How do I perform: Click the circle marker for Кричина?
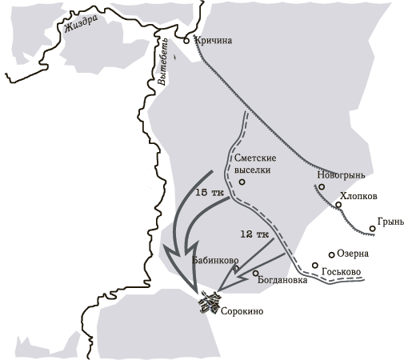186,38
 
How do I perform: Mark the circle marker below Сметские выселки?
242,182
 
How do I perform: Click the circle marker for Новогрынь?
322,187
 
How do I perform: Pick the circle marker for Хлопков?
338,205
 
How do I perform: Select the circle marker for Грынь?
373,229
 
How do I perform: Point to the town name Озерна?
353,254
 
